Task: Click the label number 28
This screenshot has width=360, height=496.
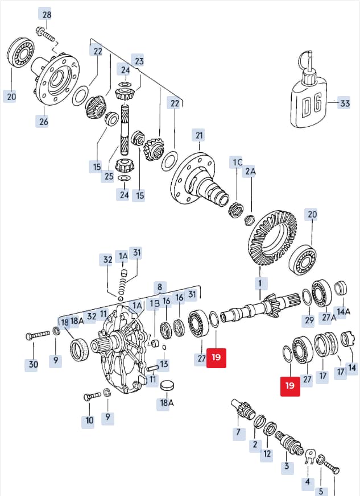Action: [47, 15]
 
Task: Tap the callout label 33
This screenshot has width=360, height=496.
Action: [344, 103]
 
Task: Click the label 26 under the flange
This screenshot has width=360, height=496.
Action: [43, 121]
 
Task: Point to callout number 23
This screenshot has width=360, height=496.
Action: [139, 60]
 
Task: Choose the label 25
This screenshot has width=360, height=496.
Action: [109, 176]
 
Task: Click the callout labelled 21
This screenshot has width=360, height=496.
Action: [199, 135]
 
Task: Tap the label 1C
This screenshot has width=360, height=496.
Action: [237, 162]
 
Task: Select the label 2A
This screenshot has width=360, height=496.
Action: [250, 171]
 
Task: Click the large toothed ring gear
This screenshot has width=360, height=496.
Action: [272, 238]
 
